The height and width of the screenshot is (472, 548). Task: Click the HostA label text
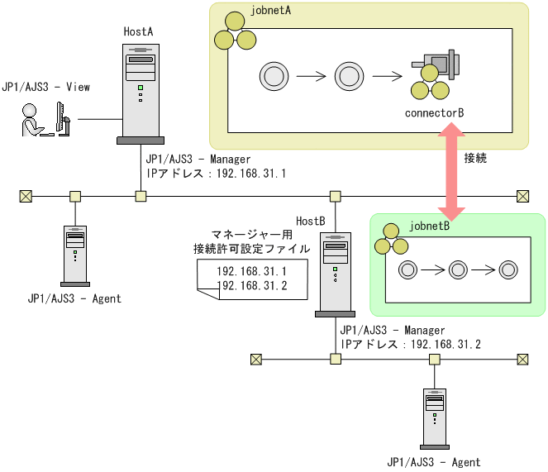pos(139,31)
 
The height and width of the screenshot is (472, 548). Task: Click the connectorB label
pos(435,112)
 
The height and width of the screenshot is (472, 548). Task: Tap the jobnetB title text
pos(429,225)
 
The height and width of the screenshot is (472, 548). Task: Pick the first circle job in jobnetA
pos(272,76)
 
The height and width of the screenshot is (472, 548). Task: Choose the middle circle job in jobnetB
pos(457,269)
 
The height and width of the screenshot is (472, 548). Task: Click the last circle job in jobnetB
pos(508,269)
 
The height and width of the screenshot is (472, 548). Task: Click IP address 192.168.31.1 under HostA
pos(215,174)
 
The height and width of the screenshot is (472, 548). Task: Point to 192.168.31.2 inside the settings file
pos(251,286)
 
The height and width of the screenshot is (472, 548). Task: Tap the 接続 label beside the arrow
pos(475,158)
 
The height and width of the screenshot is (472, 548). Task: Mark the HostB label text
pos(310,221)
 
